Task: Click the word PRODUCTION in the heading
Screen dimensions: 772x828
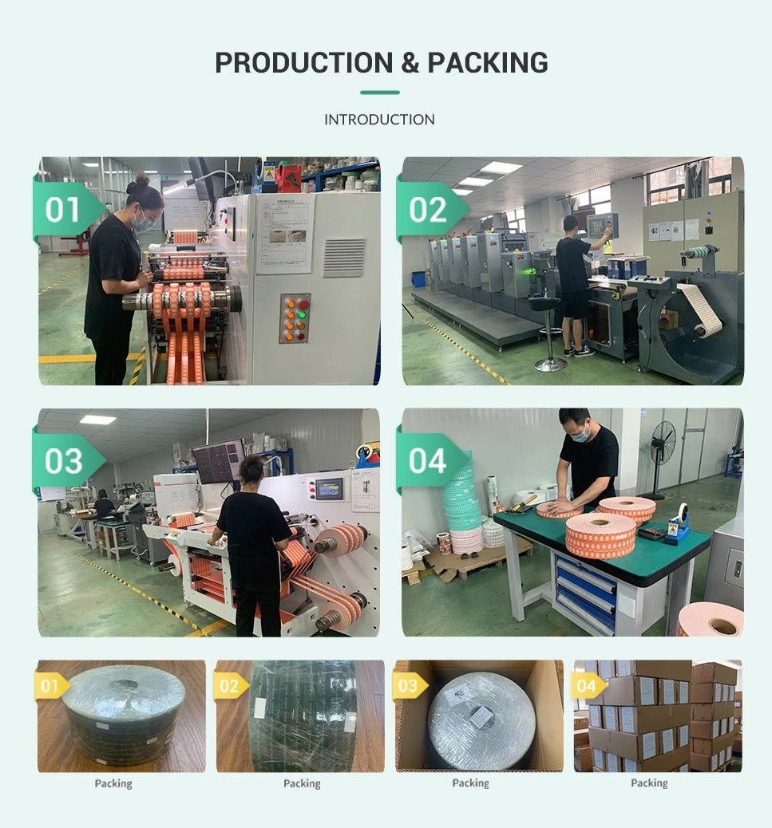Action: pos(304,63)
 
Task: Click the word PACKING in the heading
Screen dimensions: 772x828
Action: pos(488,63)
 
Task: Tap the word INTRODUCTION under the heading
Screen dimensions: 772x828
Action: pos(379,120)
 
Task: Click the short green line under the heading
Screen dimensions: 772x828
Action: pos(380,93)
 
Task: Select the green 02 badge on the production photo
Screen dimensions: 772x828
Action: pos(431,210)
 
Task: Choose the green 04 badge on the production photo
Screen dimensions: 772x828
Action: pos(431,461)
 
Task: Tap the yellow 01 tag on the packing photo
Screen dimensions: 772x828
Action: pos(52,686)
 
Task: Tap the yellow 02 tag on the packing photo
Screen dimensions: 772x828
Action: pos(231,686)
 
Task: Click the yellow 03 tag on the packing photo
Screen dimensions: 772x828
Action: pos(410,686)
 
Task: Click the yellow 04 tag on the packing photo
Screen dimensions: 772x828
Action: pos(588,686)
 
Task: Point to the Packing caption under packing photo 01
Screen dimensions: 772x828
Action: pos(113,783)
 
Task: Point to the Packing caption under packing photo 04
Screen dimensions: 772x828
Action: pos(649,783)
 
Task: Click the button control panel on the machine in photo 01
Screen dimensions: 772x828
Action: pos(295,318)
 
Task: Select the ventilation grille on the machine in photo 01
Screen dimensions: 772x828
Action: pos(343,257)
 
